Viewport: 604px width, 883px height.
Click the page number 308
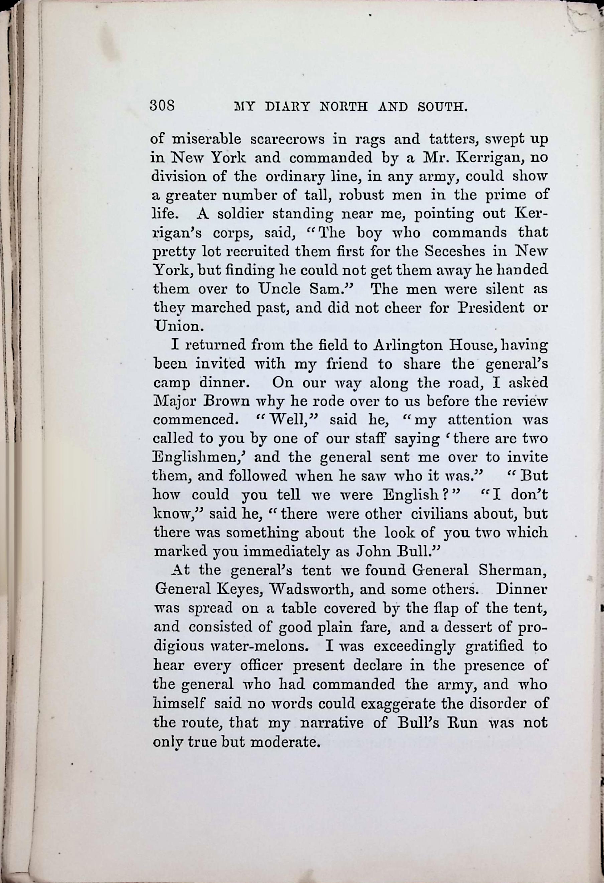click(162, 105)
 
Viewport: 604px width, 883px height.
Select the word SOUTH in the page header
click(443, 107)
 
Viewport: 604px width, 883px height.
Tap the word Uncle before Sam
click(280, 289)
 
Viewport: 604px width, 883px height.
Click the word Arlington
click(408, 345)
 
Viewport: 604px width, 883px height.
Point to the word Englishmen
click(200, 457)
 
